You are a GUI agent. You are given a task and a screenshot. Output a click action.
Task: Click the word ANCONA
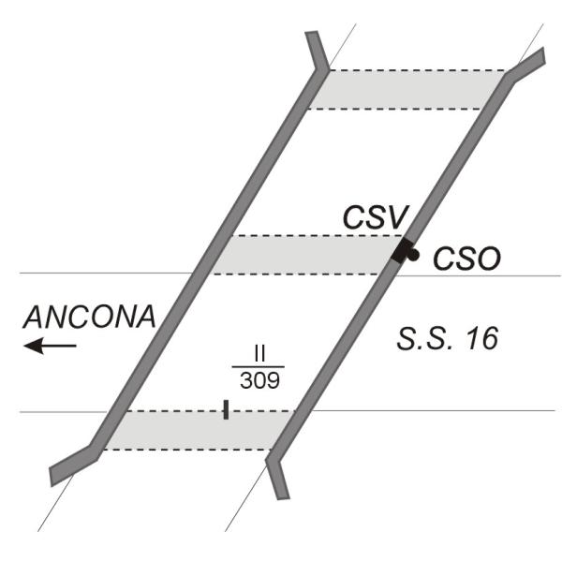(89, 317)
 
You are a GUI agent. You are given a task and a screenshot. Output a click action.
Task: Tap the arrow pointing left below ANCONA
(50, 347)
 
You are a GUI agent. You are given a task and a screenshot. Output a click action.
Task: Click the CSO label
(466, 259)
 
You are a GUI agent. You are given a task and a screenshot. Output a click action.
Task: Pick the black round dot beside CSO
(413, 254)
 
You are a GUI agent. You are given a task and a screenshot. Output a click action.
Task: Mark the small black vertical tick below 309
(226, 409)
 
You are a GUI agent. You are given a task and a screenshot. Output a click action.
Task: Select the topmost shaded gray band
(405, 89)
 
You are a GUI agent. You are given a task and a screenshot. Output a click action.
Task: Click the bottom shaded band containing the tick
(197, 430)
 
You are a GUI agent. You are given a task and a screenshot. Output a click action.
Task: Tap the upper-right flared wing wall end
(530, 63)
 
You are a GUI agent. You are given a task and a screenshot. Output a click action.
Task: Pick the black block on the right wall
(403, 251)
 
